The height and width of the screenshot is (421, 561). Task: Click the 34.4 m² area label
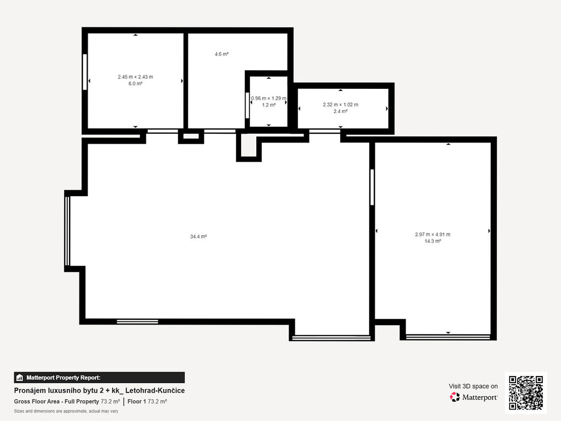point(198,237)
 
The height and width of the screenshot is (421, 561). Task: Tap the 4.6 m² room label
point(221,54)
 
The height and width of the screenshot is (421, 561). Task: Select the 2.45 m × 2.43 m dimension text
point(135,77)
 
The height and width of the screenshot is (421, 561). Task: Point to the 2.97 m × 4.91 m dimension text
point(433,235)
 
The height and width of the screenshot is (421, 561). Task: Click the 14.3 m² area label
point(433,241)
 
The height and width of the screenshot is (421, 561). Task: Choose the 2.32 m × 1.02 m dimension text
point(340,105)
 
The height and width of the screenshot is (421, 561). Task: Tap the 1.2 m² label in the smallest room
point(268,105)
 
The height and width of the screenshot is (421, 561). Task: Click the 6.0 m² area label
point(135,83)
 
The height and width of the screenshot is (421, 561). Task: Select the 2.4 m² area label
point(340,111)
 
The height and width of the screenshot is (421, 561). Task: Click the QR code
point(525,392)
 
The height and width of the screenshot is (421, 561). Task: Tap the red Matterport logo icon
point(455,397)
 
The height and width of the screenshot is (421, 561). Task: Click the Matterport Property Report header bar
point(100,378)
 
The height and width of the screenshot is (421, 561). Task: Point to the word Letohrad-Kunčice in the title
point(155,390)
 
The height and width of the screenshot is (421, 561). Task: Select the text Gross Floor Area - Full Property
point(56,402)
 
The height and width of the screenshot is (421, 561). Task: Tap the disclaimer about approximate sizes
point(66,411)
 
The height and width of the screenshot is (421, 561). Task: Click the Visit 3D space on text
point(473,386)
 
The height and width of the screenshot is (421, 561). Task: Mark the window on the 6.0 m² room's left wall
point(85,72)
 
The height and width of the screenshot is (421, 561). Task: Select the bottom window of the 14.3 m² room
point(448,337)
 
